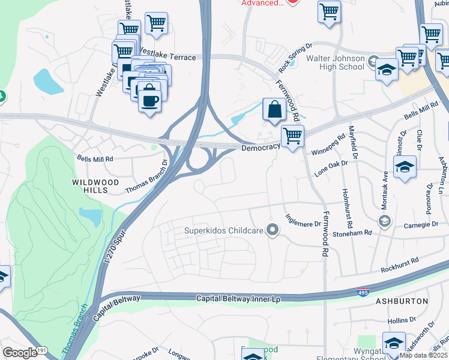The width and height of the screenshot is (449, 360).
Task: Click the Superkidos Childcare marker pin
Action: click(x=273, y=230)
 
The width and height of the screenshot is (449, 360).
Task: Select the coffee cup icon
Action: click(x=149, y=97)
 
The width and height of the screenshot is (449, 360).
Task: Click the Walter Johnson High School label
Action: click(x=335, y=62)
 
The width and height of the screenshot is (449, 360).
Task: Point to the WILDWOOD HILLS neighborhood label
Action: click(x=95, y=185)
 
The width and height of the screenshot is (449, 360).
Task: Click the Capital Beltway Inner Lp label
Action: click(x=238, y=298)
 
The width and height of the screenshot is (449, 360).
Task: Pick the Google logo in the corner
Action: click(x=19, y=352)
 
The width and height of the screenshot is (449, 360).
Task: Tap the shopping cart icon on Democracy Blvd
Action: click(x=292, y=136)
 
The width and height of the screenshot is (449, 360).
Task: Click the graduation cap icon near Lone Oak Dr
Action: click(x=406, y=167)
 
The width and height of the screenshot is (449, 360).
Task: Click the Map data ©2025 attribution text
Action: click(x=423, y=355)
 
